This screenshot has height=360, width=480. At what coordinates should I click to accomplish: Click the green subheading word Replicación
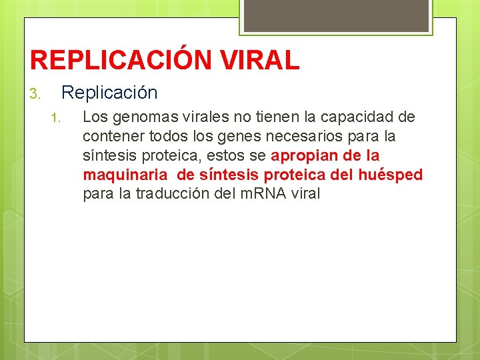point(109,93)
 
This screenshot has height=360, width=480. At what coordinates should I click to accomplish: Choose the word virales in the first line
point(195,117)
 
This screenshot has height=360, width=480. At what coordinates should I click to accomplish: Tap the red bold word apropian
point(304,156)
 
